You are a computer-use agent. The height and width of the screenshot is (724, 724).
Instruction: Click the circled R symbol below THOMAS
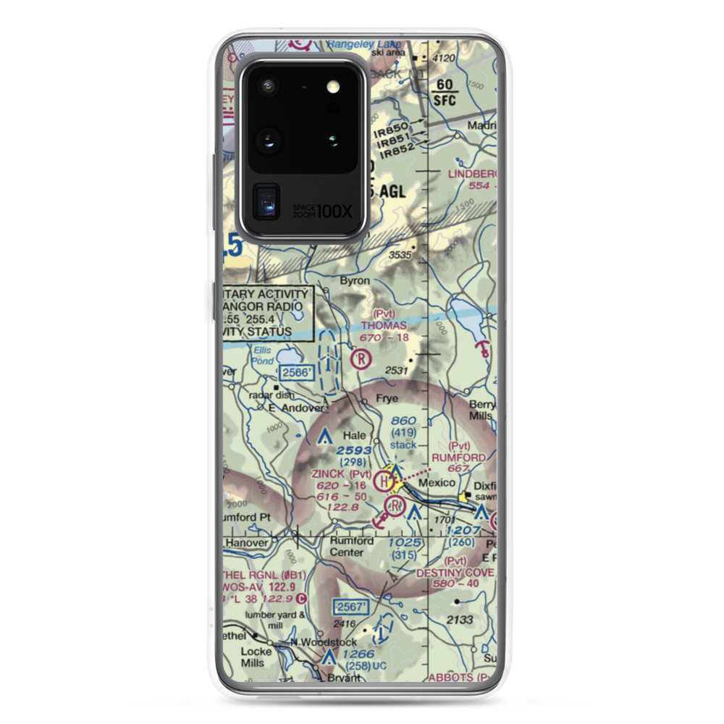pos(361,358)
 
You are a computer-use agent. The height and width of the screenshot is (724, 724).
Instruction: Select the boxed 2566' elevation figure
pos(297,372)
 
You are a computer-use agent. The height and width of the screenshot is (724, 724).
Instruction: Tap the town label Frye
pos(387,397)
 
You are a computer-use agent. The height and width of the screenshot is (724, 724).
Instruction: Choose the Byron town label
pos(355,281)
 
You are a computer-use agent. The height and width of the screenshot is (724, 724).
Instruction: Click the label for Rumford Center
pos(352,547)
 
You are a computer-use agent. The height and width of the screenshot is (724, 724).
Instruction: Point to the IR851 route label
pos(391,139)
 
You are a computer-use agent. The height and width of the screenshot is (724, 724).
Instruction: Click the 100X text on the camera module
pos(335,211)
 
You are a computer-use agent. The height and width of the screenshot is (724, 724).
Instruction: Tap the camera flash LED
pos(332,87)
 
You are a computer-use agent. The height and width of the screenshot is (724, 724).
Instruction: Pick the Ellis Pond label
pos(262,355)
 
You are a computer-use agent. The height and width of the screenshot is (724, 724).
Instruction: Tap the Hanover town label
pos(246,542)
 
